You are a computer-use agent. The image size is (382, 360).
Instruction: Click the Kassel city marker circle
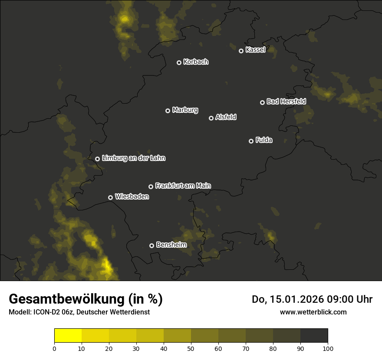point(241,51)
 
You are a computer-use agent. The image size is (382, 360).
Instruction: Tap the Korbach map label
point(196,62)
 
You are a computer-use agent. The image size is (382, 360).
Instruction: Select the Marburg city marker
point(168,111)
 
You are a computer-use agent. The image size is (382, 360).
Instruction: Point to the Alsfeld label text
point(226,117)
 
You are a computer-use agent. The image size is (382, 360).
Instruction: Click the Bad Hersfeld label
point(286,101)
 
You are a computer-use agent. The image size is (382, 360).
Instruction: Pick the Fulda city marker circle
point(251,141)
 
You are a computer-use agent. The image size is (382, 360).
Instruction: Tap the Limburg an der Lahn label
point(133,158)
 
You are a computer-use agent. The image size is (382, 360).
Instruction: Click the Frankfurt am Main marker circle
point(151,187)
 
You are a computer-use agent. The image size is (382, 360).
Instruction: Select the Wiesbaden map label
point(132,196)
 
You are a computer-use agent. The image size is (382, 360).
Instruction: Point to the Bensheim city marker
point(151,245)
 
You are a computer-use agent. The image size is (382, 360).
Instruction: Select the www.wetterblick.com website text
point(313,312)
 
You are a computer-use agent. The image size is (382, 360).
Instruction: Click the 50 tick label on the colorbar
point(191,348)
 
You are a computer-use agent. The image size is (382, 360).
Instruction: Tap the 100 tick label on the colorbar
point(328,348)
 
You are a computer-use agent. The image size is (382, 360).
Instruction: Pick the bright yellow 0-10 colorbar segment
point(68,336)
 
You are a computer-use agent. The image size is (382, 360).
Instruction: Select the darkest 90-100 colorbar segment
point(314,336)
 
